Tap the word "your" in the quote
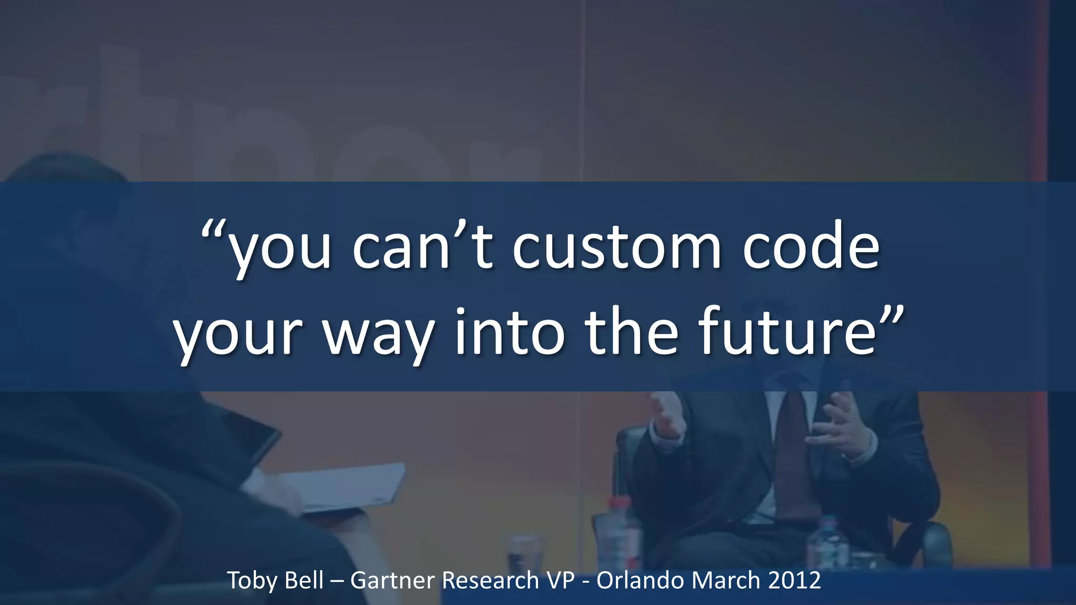[239, 336]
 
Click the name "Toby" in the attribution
[250, 581]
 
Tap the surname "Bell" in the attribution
[304, 580]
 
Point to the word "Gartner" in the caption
[392, 580]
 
